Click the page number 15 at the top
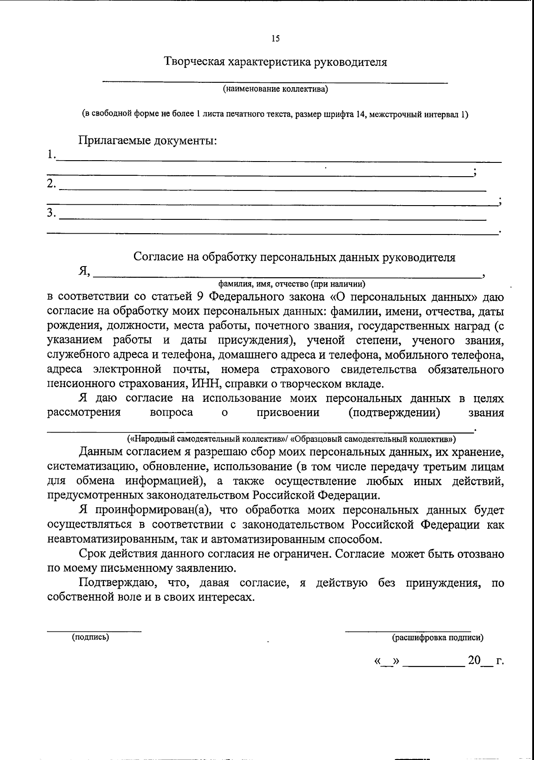pyautogui.click(x=275, y=39)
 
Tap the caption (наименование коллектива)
pyautogui.click(x=275, y=89)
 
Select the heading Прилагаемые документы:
pyautogui.click(x=148, y=141)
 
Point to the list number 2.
pyautogui.click(x=52, y=184)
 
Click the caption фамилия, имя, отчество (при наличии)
pyautogui.click(x=291, y=283)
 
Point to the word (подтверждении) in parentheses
pyautogui.click(x=395, y=412)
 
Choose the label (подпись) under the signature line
pyautogui.click(x=91, y=637)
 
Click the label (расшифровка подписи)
pyautogui.click(x=437, y=638)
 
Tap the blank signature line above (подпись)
pyautogui.click(x=94, y=630)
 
